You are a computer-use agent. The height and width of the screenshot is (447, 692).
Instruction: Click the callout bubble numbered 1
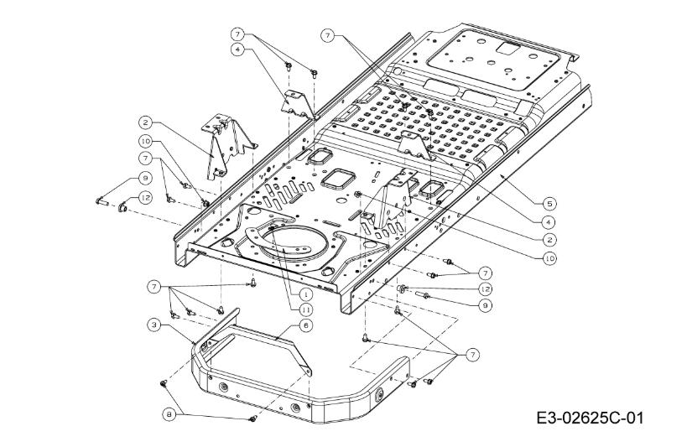(307, 294)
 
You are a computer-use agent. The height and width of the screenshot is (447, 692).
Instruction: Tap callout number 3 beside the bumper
(154, 324)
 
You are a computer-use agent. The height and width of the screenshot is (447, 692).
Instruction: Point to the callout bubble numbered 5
(549, 203)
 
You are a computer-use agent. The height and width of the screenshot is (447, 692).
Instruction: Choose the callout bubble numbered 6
(306, 325)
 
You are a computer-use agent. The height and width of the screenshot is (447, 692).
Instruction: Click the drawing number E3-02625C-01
(593, 417)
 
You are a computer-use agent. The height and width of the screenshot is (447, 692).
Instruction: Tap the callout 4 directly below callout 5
(549, 221)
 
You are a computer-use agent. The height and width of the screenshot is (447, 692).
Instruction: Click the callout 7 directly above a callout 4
(238, 34)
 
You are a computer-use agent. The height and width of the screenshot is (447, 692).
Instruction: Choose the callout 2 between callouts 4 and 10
(549, 240)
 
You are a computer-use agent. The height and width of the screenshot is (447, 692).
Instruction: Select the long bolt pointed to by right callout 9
(423, 295)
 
